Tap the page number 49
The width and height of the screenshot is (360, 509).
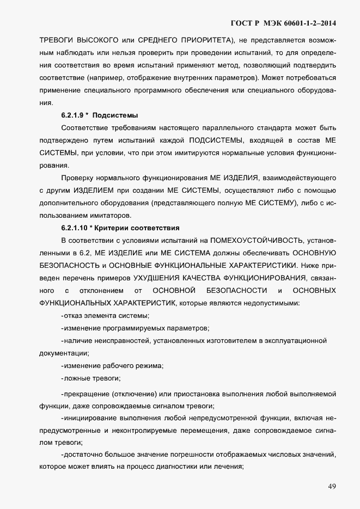(332, 486)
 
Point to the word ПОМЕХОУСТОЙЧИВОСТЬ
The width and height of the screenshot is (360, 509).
(258, 240)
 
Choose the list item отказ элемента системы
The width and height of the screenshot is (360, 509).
(105, 316)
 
